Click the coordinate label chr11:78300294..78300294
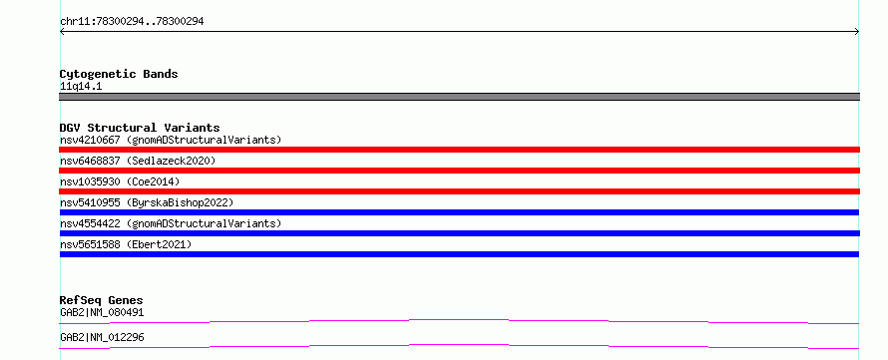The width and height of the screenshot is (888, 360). click(132, 22)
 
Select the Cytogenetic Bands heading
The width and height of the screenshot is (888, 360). click(119, 74)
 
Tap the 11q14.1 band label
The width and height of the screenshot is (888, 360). click(81, 87)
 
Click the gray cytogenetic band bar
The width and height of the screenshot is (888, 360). click(459, 97)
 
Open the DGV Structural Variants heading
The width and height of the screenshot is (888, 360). click(140, 128)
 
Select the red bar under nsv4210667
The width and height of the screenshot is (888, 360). click(459, 150)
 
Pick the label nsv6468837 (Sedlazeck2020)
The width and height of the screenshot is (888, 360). click(138, 161)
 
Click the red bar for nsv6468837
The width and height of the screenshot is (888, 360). click(459, 171)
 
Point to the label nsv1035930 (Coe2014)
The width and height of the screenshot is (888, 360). click(120, 181)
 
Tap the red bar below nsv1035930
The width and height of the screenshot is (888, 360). click(459, 191)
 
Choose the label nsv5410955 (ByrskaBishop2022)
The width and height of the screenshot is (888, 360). click(147, 202)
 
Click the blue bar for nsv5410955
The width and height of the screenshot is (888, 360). click(459, 212)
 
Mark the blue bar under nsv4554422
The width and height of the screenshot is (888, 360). click(459, 233)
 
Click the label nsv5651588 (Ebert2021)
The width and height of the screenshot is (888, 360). click(127, 244)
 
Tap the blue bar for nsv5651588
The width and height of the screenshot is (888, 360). click(459, 254)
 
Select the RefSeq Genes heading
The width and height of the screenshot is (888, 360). click(102, 300)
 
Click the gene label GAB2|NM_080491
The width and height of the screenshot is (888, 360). click(102, 312)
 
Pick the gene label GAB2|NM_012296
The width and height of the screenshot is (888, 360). click(102, 337)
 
